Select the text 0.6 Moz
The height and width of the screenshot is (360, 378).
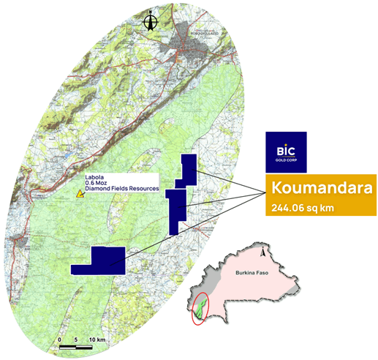click(97, 183)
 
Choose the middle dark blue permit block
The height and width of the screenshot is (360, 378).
click(175, 210)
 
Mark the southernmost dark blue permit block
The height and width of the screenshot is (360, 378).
click(99, 260)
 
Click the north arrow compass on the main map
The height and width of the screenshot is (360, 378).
click(151, 22)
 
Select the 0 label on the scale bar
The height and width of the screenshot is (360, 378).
click(59, 341)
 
